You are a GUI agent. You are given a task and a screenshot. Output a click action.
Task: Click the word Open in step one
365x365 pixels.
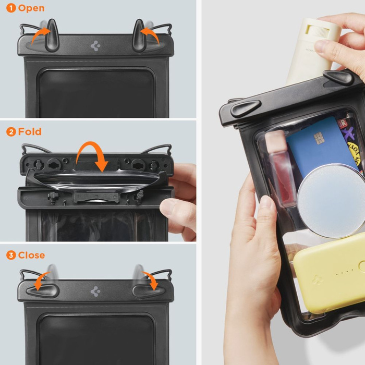pos(31,8)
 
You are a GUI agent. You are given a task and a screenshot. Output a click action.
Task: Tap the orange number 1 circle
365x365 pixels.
pos(11,8)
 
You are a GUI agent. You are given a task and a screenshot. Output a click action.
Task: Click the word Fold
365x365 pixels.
pos(30,132)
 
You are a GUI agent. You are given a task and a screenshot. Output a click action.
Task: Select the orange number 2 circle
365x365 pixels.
pos(11,132)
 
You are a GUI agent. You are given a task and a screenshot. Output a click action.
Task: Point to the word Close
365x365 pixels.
pos(31,256)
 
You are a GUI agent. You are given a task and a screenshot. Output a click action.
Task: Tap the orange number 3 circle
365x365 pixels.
pos(11,256)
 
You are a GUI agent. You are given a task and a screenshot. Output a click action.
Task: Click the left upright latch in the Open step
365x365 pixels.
pos(51,35)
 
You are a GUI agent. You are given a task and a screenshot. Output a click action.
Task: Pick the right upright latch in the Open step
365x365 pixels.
pos(139,35)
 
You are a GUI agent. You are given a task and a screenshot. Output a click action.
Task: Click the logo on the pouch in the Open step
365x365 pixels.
pos(95,46)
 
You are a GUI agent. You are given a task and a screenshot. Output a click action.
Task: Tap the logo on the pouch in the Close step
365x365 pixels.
pos(95,291)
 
